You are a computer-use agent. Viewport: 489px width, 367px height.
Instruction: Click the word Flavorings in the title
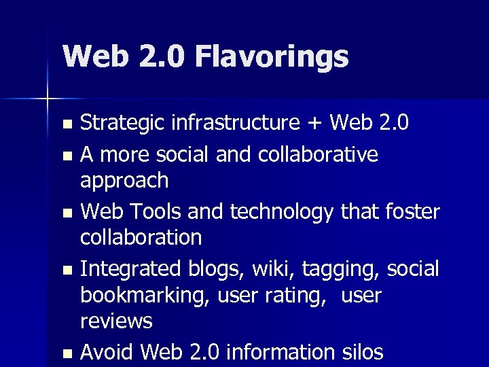coord(272,57)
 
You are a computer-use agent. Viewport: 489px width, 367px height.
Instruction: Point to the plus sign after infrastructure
coord(314,124)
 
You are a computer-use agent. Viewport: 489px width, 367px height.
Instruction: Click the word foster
coord(410,212)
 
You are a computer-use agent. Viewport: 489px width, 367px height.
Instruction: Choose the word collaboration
coord(141,237)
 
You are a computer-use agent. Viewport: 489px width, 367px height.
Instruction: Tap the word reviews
coord(116,321)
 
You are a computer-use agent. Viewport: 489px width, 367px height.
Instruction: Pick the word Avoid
coord(107,352)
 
